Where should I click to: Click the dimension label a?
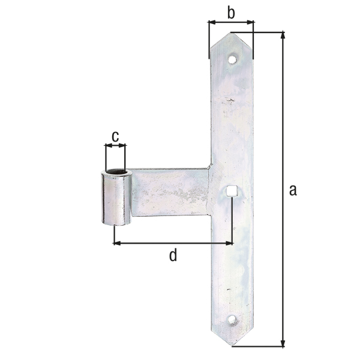point(293,190)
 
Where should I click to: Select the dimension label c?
point(116,135)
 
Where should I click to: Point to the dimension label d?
point(173,256)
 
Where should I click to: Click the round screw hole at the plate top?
point(232,59)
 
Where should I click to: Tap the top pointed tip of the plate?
point(229,34)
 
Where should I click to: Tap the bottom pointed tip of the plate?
point(232,346)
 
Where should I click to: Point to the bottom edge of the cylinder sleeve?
point(116,224)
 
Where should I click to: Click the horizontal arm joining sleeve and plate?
point(170,191)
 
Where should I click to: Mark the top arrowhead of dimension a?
point(283,35)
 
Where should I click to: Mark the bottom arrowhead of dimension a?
point(283,344)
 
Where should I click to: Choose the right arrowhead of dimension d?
point(229,243)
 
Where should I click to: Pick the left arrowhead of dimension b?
point(211,23)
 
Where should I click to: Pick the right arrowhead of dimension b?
point(251,23)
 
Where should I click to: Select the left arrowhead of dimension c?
point(107,145)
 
